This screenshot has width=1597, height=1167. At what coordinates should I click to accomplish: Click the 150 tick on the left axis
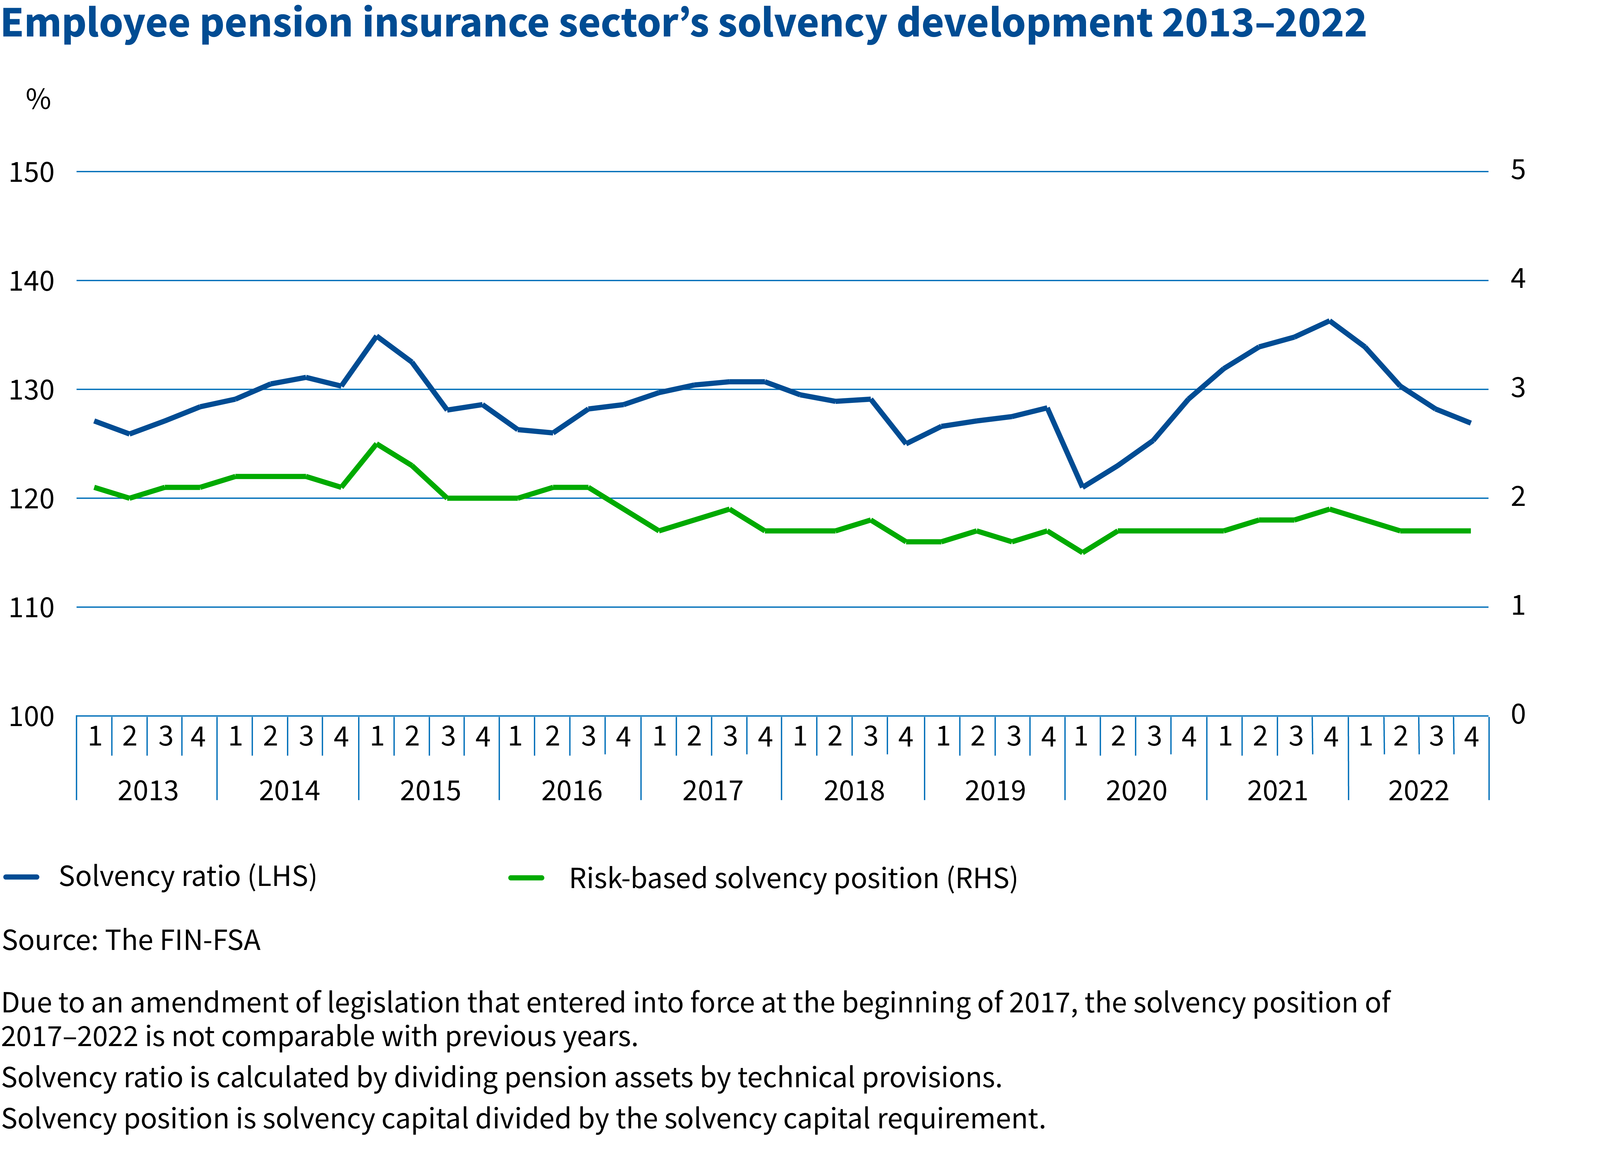31,172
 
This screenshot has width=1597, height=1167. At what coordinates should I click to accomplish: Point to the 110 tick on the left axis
31,608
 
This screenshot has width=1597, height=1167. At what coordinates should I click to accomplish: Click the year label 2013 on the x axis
148,790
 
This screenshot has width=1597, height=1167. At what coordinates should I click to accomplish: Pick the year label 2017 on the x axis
712,790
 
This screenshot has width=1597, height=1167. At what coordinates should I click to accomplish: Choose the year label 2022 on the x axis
1418,790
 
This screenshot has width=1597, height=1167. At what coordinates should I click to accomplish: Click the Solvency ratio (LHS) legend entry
187,877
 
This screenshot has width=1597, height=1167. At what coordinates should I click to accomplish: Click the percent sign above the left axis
38,100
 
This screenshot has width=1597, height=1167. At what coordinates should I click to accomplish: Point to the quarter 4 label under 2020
1189,737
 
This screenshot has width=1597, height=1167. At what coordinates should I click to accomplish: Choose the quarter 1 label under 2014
235,737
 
